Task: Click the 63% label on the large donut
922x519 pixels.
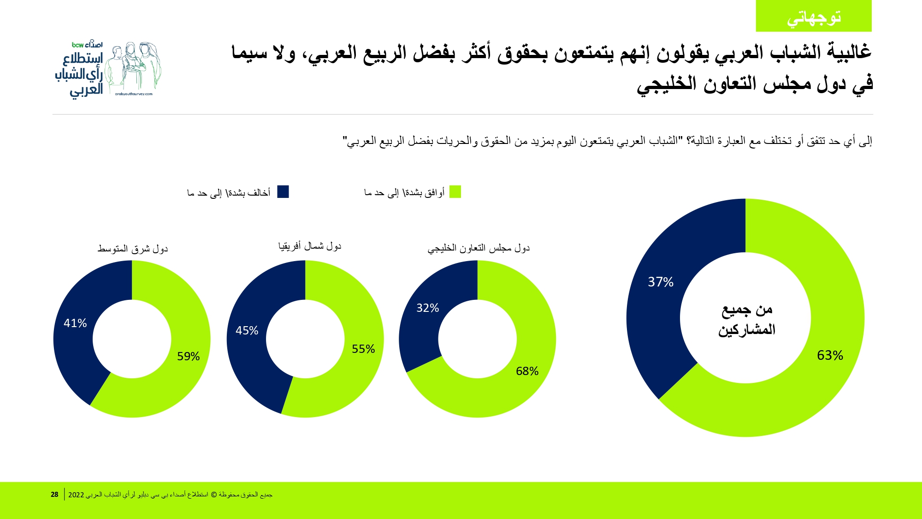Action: tap(830, 355)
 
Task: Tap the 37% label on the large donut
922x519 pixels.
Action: tap(661, 282)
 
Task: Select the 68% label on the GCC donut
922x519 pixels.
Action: tap(527, 371)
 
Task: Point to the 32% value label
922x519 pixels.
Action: tap(427, 308)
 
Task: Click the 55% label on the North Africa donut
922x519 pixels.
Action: tap(363, 349)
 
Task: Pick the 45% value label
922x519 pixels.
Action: tap(247, 331)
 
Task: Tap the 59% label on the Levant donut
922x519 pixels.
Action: tap(188, 357)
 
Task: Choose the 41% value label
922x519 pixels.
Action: tap(75, 323)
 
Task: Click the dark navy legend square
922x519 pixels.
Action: tap(283, 192)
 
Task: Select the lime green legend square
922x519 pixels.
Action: tap(455, 192)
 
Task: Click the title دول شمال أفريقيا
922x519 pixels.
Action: tap(310, 246)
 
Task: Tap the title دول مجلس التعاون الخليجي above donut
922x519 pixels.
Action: tap(479, 248)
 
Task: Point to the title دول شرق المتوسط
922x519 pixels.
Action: tap(133, 249)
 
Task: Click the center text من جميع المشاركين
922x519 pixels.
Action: tap(746, 319)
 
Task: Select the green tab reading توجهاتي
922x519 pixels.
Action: tap(814, 17)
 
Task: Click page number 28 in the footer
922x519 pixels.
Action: tap(54, 495)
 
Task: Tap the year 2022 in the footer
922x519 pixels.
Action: tap(76, 495)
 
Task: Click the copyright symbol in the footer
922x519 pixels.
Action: tap(214, 495)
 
